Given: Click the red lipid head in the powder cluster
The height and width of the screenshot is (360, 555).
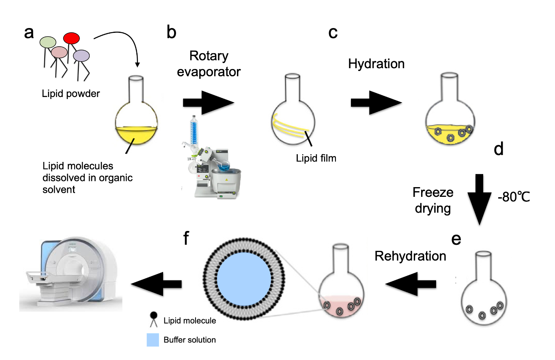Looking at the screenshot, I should click(x=71, y=38).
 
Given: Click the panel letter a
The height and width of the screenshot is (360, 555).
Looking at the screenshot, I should click(x=29, y=32).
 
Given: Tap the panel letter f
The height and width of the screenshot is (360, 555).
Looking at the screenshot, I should click(x=186, y=238).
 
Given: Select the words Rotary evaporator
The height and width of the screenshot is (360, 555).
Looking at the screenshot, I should click(x=209, y=64).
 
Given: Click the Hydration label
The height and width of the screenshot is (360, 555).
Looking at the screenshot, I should click(x=376, y=64).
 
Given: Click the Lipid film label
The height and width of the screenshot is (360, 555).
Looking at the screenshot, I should click(x=316, y=158).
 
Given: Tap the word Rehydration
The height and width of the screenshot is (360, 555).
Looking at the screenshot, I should click(x=410, y=256).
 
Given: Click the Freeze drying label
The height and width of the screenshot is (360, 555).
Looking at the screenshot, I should click(x=433, y=200).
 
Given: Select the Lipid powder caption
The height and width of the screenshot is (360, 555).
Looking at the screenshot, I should click(x=71, y=94).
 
